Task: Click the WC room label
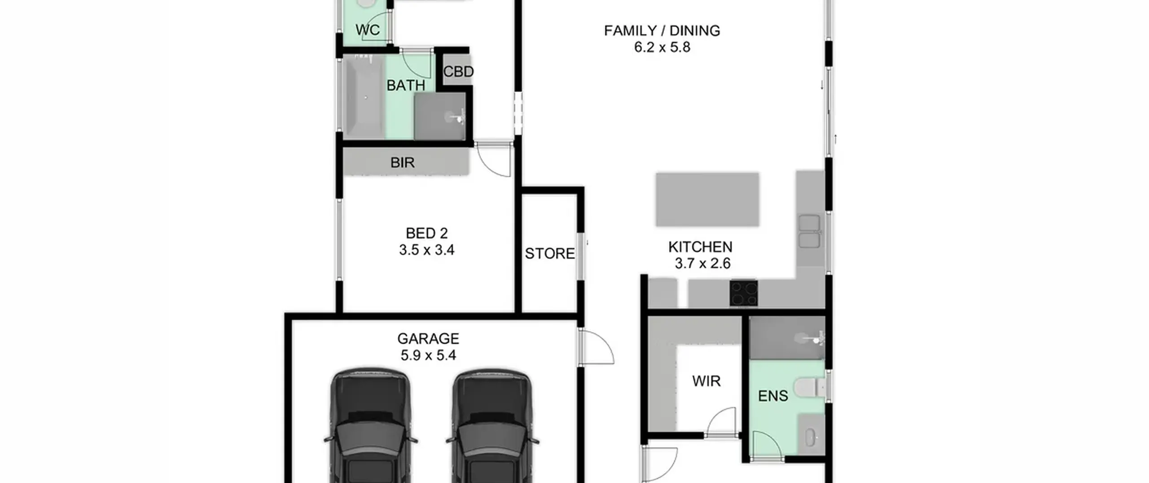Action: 368,30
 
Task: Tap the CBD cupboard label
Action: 458,71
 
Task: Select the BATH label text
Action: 406,85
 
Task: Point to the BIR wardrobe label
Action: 402,162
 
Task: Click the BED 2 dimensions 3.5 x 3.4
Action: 427,250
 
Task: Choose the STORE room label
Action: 550,253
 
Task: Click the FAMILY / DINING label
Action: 662,31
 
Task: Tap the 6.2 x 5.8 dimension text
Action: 662,47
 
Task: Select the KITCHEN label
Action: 700,247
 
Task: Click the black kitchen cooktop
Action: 744,293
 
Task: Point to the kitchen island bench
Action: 707,199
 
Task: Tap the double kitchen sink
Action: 809,231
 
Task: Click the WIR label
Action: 706,381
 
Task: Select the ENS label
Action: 773,396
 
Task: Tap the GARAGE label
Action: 428,338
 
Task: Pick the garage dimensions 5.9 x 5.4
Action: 428,355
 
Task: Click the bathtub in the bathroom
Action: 364,97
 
